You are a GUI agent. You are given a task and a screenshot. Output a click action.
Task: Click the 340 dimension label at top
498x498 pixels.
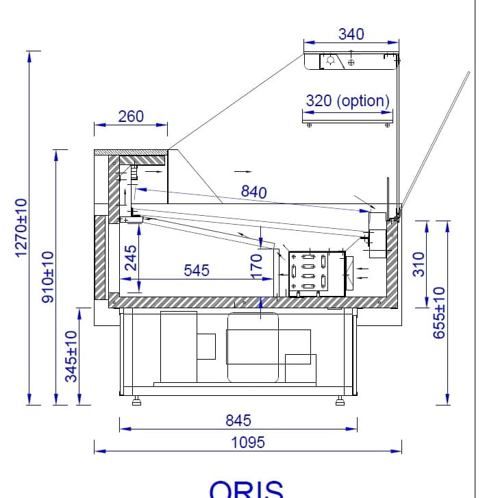click(351, 34)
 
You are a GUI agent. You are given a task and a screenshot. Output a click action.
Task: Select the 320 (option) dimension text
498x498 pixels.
click(348, 101)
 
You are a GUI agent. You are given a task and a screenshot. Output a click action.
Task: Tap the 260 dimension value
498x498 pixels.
click(131, 116)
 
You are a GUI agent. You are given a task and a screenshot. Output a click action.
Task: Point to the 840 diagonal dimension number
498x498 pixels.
click(253, 192)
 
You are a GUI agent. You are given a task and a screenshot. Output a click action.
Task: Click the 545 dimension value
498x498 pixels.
click(197, 271)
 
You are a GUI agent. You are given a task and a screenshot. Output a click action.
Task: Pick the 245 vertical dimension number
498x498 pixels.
click(131, 258)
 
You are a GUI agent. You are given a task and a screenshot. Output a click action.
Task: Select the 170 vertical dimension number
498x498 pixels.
click(256, 266)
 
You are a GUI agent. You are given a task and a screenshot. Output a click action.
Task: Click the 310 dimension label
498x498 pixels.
click(419, 264)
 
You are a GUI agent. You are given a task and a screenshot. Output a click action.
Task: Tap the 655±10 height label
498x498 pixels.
click(439, 313)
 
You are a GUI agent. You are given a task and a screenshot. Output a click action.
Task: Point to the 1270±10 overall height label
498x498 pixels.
click(21, 227)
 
